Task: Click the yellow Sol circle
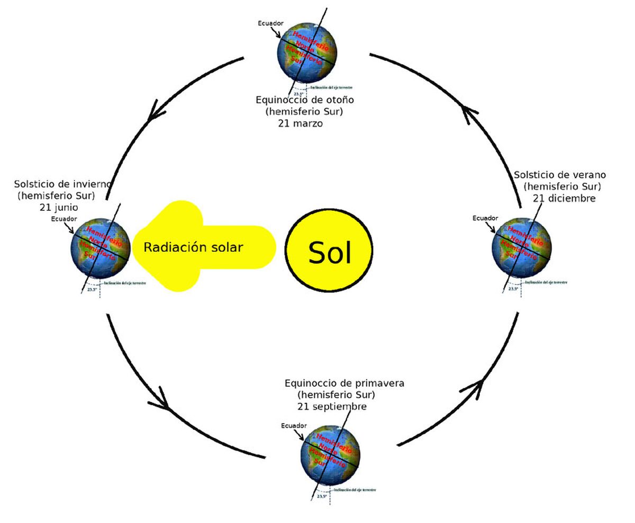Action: (329, 251)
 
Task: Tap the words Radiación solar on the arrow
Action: (193, 247)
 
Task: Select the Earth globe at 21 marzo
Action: (306, 52)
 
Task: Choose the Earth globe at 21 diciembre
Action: (522, 247)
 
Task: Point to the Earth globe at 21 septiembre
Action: (330, 454)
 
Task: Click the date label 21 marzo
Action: (301, 123)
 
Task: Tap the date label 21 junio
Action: (59, 207)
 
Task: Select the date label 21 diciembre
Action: (564, 198)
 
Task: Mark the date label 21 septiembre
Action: (332, 406)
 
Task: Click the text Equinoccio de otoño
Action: (305, 100)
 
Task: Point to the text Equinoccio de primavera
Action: (337, 383)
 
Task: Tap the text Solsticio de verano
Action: (560, 175)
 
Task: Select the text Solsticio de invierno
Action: (62, 184)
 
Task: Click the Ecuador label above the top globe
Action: (270, 23)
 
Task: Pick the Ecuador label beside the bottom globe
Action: (294, 426)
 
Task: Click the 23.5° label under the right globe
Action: (513, 289)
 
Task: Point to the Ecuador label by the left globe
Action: (64, 219)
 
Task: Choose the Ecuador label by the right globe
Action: (485, 218)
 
